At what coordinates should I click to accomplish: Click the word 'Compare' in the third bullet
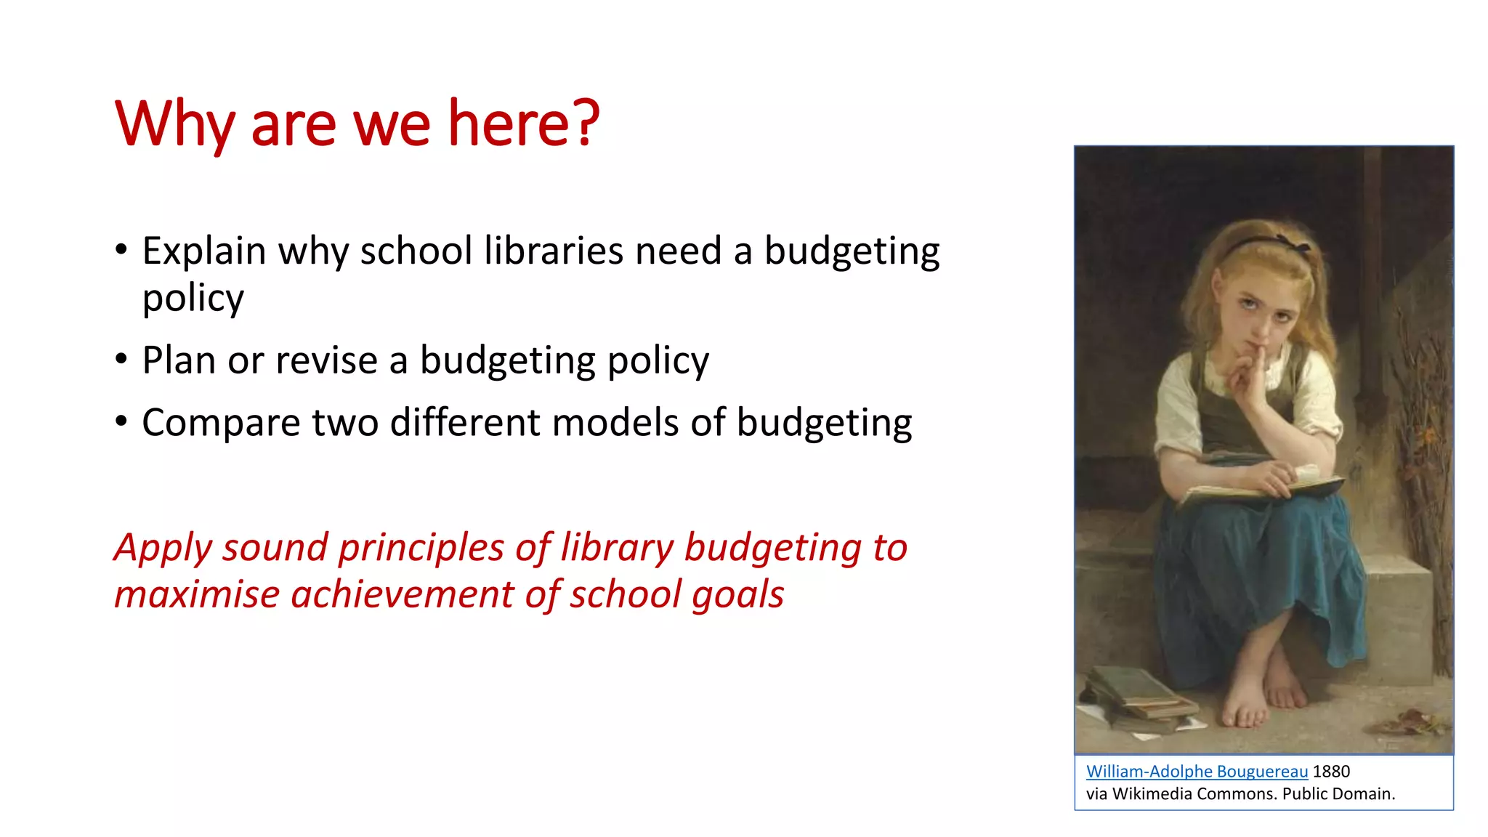(x=221, y=423)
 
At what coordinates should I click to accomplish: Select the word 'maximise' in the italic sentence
(x=197, y=594)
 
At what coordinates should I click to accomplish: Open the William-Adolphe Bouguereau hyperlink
(x=1197, y=772)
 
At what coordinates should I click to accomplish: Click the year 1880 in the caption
(x=1331, y=772)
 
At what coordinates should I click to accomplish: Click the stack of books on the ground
(x=1137, y=697)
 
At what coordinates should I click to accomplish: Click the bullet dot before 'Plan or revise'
(x=121, y=359)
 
